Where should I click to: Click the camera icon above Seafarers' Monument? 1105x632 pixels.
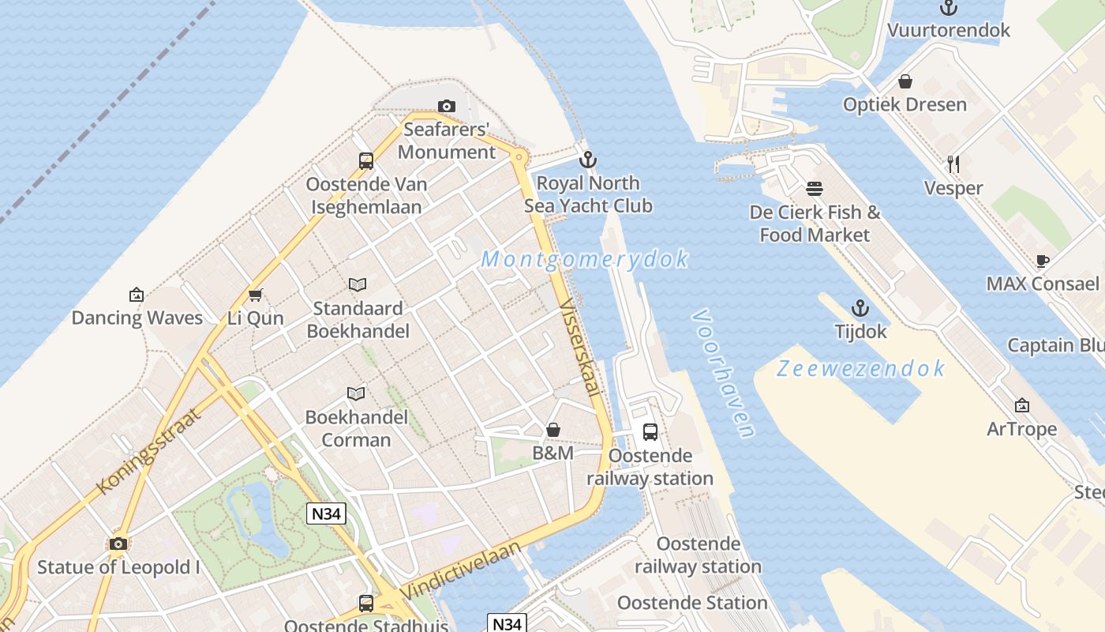click(446, 106)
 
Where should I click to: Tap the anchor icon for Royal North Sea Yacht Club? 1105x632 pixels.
click(587, 160)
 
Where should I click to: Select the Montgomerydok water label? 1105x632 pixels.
click(584, 259)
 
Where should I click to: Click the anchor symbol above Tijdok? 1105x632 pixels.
click(860, 309)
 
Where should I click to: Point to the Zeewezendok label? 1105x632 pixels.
click(860, 368)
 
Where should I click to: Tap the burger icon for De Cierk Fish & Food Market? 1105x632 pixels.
click(815, 189)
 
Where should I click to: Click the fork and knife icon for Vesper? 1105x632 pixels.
click(953, 164)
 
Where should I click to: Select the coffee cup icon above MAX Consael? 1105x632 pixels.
click(1042, 261)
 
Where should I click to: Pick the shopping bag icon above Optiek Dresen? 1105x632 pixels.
click(905, 81)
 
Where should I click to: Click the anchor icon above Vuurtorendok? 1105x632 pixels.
click(948, 8)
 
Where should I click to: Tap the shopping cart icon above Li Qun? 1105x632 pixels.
click(255, 295)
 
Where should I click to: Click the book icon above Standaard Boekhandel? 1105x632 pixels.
click(358, 284)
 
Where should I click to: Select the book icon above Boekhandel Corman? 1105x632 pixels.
click(357, 393)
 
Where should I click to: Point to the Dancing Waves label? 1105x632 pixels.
click(137, 318)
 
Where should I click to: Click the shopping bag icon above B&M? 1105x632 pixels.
click(553, 430)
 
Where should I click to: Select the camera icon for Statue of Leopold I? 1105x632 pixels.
click(118, 544)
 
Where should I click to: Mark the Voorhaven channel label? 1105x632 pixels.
click(723, 373)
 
